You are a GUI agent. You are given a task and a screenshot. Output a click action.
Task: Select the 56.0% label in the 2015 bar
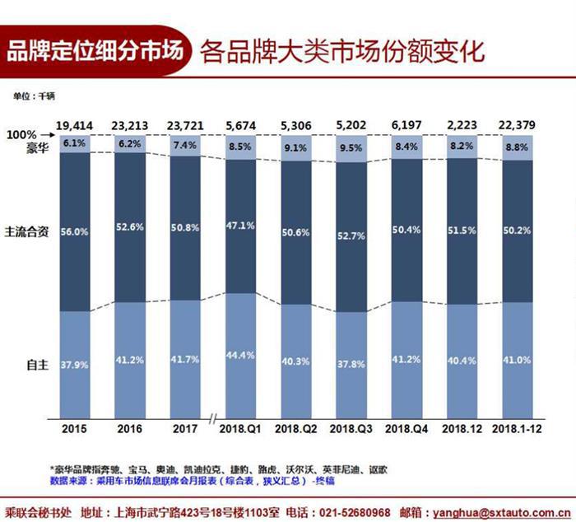(x=74, y=233)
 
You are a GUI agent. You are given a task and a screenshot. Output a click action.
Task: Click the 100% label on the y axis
(x=20, y=135)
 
